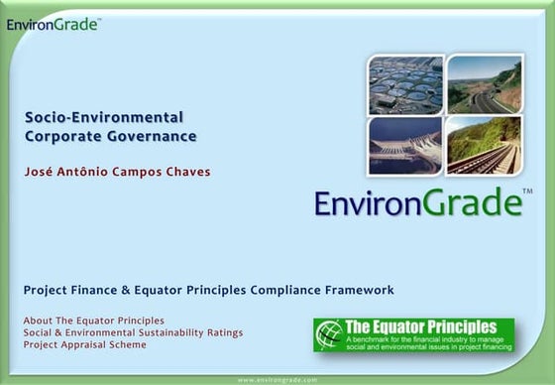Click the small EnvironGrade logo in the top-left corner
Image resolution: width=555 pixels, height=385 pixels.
tap(52, 24)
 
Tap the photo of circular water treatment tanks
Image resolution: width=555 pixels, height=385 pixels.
tap(406, 84)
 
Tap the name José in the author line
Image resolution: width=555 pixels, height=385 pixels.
tap(41, 172)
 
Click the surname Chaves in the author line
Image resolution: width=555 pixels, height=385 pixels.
tap(187, 172)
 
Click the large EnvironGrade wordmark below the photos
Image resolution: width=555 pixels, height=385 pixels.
tap(417, 203)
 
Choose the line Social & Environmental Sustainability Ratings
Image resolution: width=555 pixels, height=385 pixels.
tap(133, 332)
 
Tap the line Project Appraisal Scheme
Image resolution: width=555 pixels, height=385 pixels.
tap(84, 345)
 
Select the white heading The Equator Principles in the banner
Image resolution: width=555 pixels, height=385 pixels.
tap(420, 325)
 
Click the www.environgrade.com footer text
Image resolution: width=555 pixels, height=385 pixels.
tap(277, 379)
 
